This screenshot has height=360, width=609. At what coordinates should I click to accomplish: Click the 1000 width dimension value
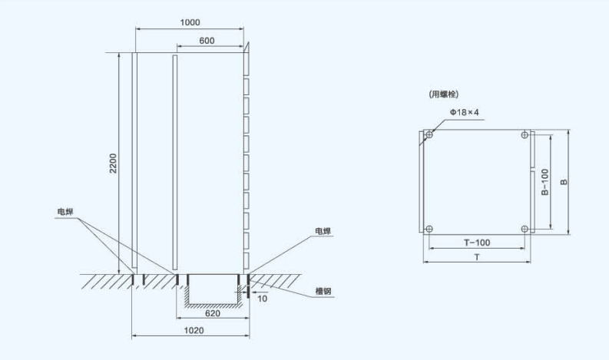(190, 22)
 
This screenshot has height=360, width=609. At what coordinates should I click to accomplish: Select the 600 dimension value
(207, 41)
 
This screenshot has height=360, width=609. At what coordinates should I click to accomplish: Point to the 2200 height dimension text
(113, 163)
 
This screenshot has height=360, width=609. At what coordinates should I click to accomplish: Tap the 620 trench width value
(213, 313)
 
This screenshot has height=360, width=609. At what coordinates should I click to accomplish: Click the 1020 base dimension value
(194, 330)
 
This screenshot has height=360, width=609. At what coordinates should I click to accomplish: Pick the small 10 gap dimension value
(262, 299)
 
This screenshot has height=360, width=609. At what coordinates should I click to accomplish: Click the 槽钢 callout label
(323, 291)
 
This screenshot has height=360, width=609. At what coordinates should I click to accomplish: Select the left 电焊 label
(65, 212)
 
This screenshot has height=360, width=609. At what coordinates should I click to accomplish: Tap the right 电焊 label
(323, 231)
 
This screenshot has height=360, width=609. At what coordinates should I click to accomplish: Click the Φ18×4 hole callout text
(465, 112)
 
